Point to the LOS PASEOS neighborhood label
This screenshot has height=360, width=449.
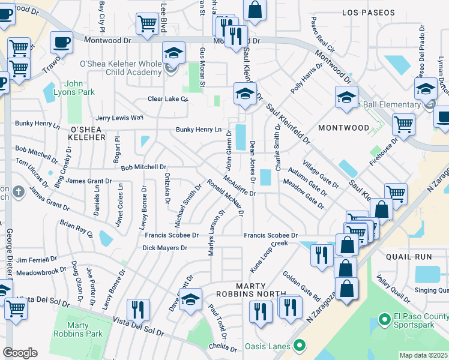tap(369, 12)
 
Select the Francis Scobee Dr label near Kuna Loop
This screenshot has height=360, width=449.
tap(270, 235)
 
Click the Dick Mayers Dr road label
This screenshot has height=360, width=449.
tap(165, 248)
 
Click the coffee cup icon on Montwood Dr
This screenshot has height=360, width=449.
tap(62, 42)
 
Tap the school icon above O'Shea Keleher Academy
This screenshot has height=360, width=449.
tap(173, 53)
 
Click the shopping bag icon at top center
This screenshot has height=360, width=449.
tap(255, 10)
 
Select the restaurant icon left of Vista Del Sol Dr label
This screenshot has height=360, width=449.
tap(139, 310)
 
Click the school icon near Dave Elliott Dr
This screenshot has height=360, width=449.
tap(191, 299)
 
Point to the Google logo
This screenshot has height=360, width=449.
tap(20, 353)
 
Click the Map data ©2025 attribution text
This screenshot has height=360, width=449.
tap(423, 355)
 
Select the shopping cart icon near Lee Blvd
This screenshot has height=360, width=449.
tap(147, 24)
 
